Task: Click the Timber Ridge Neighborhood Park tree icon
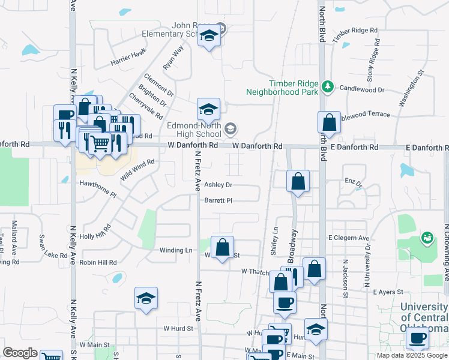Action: click(x=327, y=88)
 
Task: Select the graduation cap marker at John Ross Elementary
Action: click(x=209, y=37)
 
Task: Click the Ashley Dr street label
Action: click(x=218, y=185)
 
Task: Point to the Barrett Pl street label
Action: click(x=218, y=200)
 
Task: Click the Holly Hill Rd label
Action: click(x=95, y=231)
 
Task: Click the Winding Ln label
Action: click(x=176, y=250)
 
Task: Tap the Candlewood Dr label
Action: click(x=361, y=89)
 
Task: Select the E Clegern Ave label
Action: click(x=349, y=238)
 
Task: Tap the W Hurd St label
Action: click(x=178, y=328)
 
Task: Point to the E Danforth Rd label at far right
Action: click(x=427, y=147)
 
